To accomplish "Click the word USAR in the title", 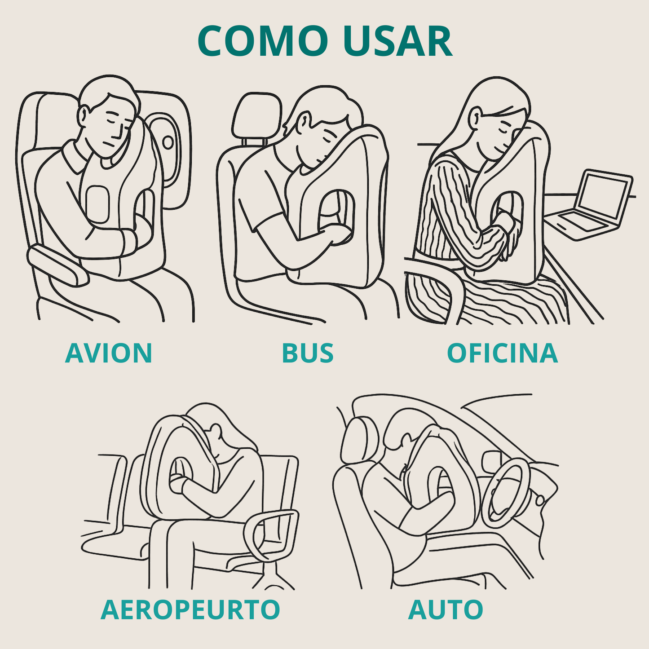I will [x=397, y=41].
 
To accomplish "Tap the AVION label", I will [x=109, y=353].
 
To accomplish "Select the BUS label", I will [x=308, y=353].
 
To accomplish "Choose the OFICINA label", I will [x=502, y=353].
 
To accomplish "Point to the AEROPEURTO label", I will [x=190, y=609].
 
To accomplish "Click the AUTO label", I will [x=446, y=609].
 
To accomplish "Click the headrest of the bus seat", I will [x=257, y=116].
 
